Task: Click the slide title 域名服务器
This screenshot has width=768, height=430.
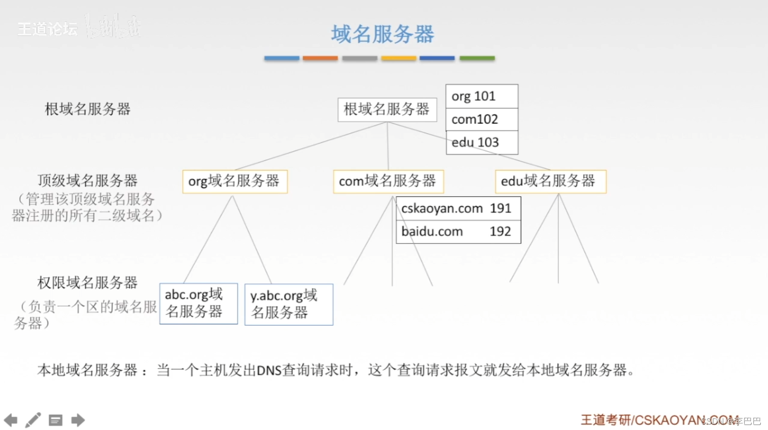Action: [383, 34]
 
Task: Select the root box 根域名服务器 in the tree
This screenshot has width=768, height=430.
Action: [387, 109]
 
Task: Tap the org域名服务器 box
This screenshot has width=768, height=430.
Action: [235, 181]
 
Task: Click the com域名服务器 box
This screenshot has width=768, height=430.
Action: [388, 181]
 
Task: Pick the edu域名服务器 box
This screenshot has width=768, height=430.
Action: [550, 181]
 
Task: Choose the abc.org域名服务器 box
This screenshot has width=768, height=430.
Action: [198, 304]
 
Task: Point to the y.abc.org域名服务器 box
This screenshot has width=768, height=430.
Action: [288, 305]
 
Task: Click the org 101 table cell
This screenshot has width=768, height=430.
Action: [481, 96]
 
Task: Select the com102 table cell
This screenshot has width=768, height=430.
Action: [481, 119]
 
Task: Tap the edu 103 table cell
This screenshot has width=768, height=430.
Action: [481, 142]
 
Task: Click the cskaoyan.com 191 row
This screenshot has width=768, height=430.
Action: [458, 209]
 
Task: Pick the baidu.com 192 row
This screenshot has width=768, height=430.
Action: [458, 232]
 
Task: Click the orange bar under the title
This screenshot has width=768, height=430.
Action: [320, 58]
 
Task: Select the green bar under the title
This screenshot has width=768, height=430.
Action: [477, 58]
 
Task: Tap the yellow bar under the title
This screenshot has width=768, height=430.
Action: [398, 58]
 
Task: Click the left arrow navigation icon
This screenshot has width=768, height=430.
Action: [11, 420]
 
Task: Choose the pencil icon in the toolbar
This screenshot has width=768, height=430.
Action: [33, 420]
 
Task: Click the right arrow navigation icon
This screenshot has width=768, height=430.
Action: [78, 420]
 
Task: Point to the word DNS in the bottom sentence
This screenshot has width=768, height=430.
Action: [269, 370]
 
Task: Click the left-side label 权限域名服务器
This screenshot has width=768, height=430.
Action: [87, 283]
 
